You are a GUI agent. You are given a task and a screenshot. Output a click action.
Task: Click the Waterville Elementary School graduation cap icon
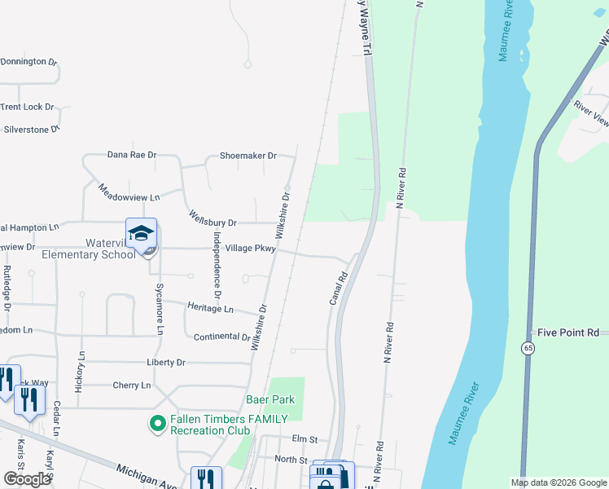click(141, 233)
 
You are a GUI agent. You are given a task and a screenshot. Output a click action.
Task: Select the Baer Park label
click(269, 400)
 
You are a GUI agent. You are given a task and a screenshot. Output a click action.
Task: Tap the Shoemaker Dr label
click(248, 156)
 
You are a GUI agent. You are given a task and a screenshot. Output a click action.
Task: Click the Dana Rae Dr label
click(132, 154)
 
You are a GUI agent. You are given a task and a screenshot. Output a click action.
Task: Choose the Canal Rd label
click(339, 289)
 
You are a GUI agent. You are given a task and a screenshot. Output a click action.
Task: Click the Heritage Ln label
click(210, 309)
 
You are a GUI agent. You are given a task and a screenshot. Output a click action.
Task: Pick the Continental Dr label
click(221, 337)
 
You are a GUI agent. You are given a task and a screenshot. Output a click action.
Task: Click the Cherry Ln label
click(133, 385)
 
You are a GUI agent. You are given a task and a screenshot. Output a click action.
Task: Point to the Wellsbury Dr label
click(212, 222)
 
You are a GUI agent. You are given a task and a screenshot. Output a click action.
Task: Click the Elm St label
click(306, 438)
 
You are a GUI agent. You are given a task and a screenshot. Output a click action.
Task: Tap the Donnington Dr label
click(29, 61)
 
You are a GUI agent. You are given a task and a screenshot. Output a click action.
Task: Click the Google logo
click(27, 478)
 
